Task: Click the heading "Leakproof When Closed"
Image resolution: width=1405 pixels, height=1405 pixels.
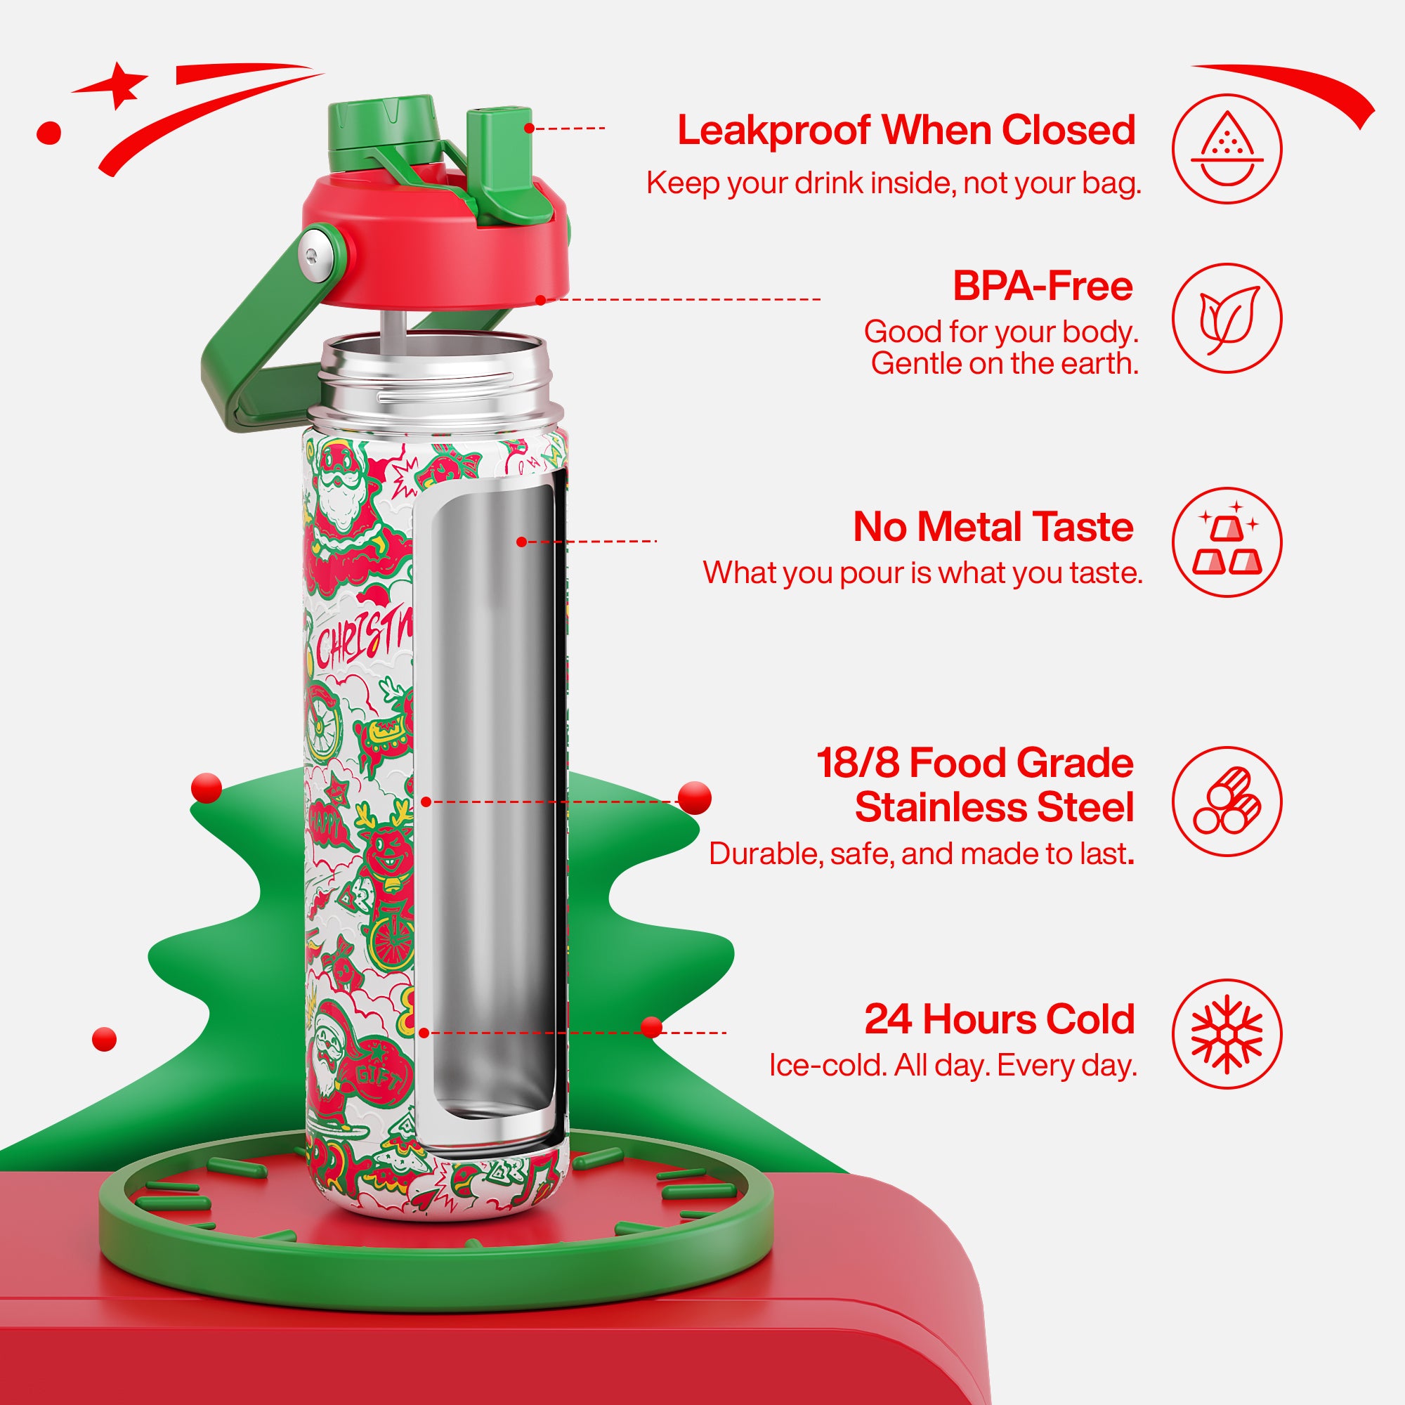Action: coord(906,131)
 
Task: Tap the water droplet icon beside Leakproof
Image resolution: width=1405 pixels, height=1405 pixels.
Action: coord(1227,148)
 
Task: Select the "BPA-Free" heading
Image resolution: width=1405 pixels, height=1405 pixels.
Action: coord(1042,287)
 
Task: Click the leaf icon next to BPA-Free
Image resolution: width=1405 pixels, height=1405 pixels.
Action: coord(1227,318)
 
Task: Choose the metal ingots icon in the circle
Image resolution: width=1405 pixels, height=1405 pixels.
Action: coord(1227,542)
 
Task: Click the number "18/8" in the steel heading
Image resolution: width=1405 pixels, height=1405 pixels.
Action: coord(858,763)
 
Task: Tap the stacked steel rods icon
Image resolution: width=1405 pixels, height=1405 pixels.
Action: coord(1227,802)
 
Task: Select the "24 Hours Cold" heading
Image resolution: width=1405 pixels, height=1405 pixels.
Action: coord(999,1019)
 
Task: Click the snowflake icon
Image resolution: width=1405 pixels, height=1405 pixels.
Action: coord(1227,1034)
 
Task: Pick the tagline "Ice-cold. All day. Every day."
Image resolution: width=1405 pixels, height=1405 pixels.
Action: coord(953,1066)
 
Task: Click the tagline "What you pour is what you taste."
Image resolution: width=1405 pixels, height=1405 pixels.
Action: coord(922,573)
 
